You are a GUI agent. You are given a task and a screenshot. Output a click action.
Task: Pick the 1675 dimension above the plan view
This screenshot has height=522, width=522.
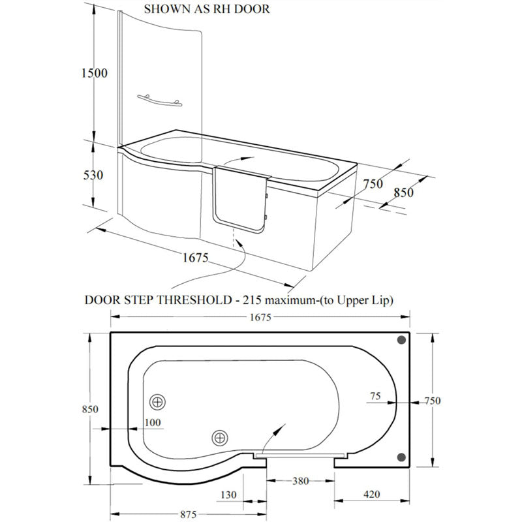(x=259, y=317)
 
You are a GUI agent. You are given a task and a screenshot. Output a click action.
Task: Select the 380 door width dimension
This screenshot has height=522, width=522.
(x=300, y=481)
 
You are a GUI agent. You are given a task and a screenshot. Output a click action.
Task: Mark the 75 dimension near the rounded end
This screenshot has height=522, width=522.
(x=374, y=395)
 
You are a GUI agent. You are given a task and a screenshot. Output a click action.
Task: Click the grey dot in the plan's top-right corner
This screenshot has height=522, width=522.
(x=401, y=341)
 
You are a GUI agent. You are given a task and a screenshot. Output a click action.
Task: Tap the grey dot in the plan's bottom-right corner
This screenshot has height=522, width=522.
(x=401, y=456)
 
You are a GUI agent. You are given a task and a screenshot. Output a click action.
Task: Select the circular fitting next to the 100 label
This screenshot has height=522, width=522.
(x=157, y=401)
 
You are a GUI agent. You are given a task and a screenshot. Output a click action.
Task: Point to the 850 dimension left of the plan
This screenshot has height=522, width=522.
(x=90, y=409)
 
